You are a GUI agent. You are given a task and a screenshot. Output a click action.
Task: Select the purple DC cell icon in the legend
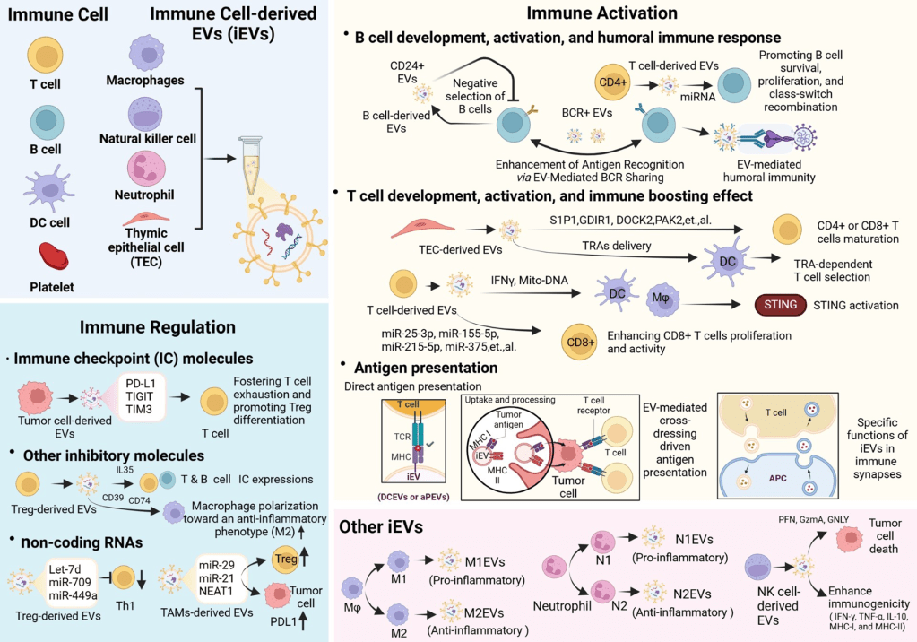pos(42,189)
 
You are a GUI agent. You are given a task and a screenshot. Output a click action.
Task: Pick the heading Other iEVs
pos(379,528)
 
